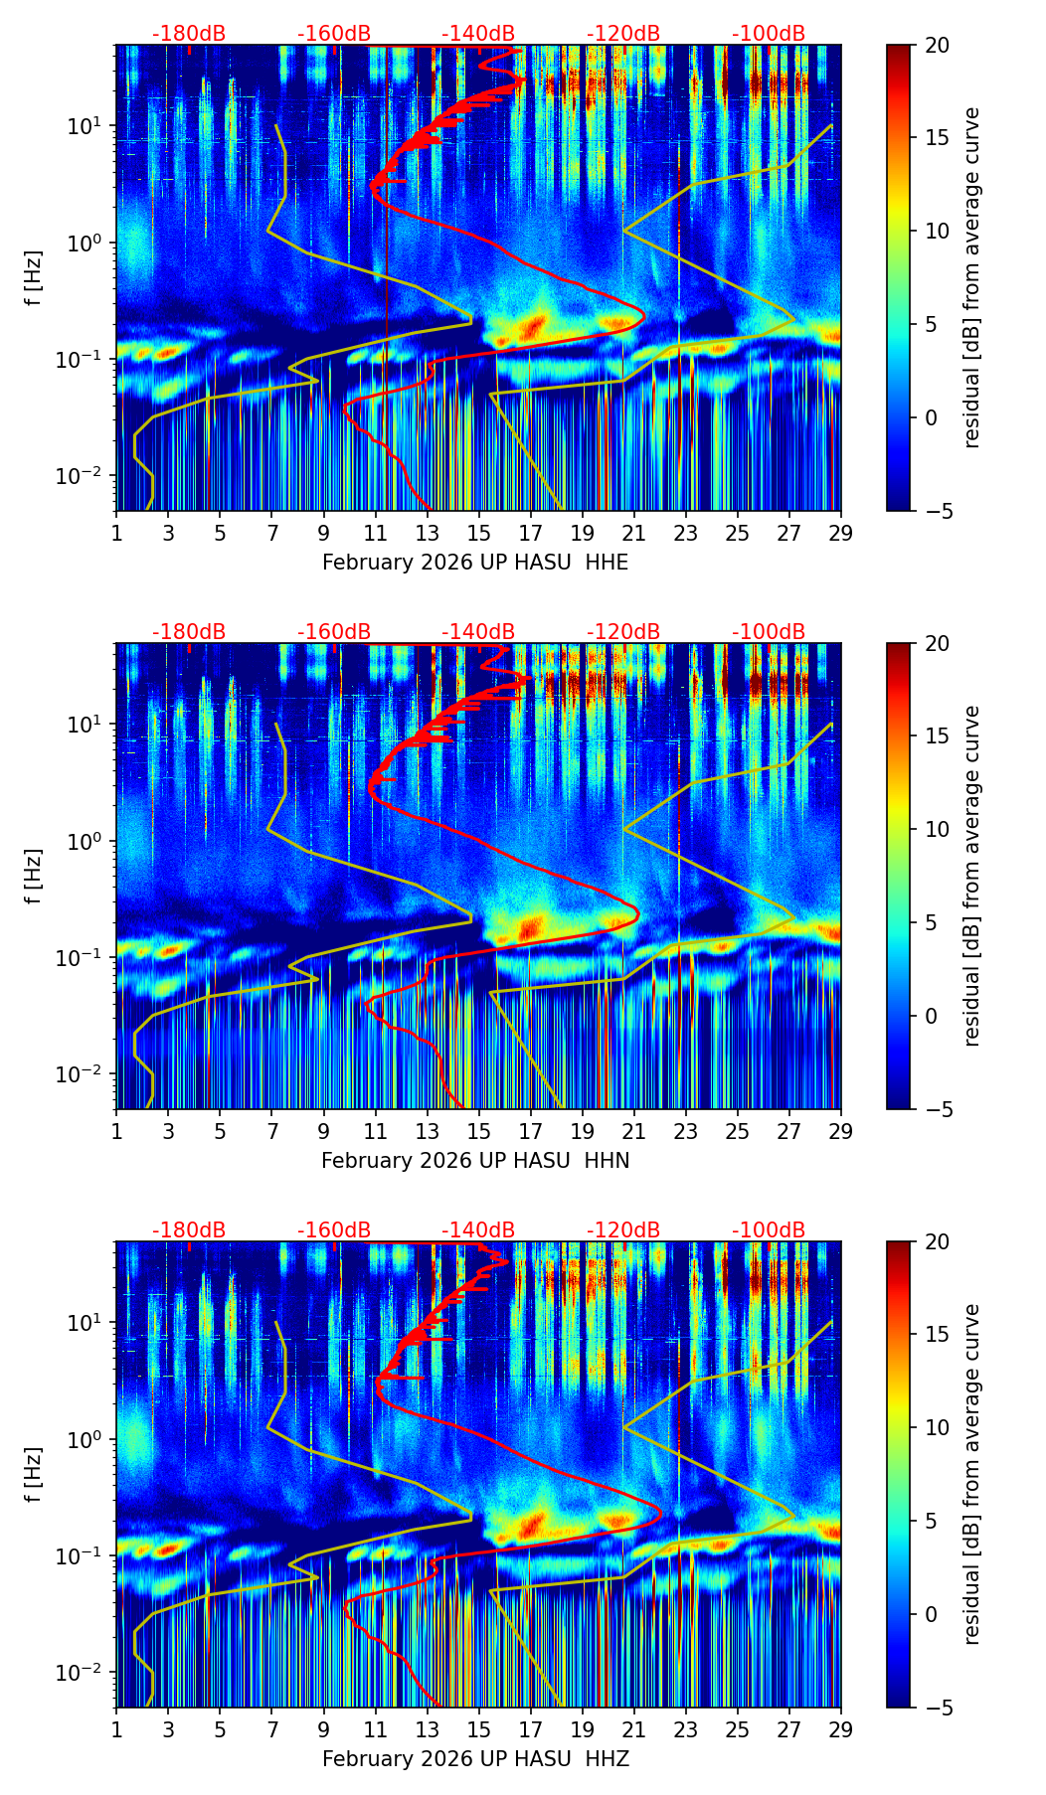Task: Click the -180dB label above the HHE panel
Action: [189, 34]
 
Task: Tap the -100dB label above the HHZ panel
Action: [769, 1230]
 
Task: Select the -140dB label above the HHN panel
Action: [478, 632]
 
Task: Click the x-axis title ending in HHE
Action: [475, 563]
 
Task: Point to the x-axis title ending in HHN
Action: [475, 1161]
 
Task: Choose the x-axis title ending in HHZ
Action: [475, 1759]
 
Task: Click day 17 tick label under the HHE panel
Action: [531, 533]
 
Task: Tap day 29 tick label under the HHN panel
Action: [841, 1131]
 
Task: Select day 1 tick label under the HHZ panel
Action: [117, 1729]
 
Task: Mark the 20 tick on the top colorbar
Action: [938, 45]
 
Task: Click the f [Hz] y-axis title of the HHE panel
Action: [34, 278]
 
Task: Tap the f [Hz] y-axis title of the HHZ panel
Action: [34, 1475]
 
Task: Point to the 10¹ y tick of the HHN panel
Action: [88, 725]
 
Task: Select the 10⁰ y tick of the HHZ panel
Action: [88, 1439]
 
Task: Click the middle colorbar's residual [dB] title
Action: [972, 876]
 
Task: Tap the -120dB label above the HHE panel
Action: [623, 34]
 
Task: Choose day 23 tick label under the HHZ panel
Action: [686, 1729]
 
